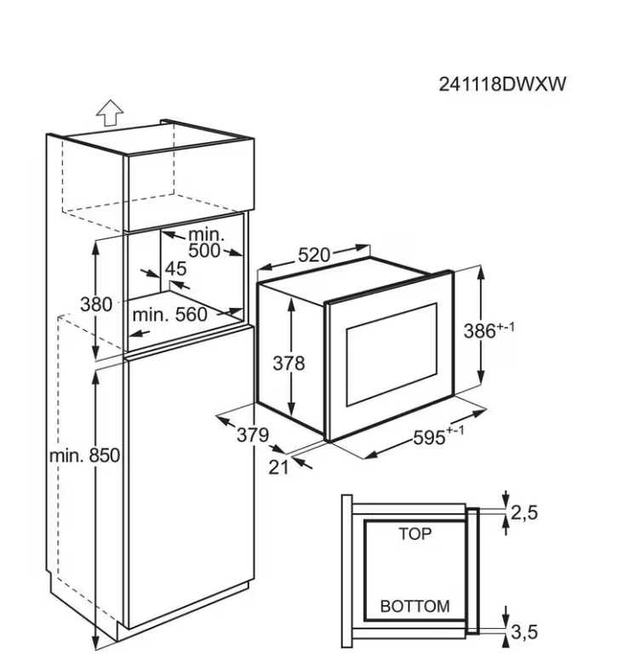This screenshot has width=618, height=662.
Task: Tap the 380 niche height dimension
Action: (x=96, y=304)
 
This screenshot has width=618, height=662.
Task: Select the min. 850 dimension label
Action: (x=85, y=455)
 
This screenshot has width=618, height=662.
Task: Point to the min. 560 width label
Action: (x=170, y=315)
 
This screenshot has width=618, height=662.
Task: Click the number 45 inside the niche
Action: (x=175, y=269)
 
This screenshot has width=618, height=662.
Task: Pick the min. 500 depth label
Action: (x=204, y=242)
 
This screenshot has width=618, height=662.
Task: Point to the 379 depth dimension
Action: (x=252, y=435)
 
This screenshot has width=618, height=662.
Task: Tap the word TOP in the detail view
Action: (x=415, y=534)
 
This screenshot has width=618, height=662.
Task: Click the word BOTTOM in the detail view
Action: (x=415, y=607)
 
